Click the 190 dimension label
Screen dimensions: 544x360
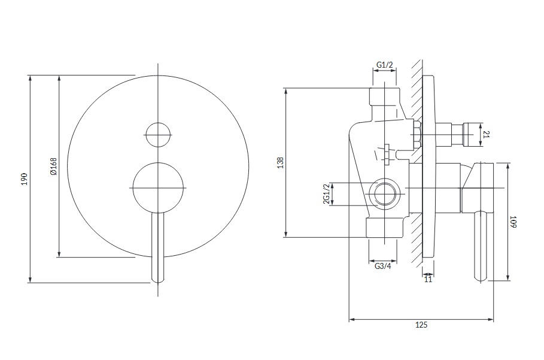click(x=25, y=179)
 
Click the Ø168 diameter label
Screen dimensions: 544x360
click(x=53, y=167)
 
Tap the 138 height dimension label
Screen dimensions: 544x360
click(x=280, y=163)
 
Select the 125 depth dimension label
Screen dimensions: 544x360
click(x=421, y=325)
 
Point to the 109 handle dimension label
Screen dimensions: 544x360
click(x=513, y=222)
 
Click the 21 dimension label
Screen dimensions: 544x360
click(x=486, y=134)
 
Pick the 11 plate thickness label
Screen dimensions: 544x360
click(x=428, y=279)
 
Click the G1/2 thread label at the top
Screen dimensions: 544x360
click(x=384, y=65)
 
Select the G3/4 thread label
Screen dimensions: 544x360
click(x=383, y=267)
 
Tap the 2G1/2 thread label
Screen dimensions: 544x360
click(x=326, y=193)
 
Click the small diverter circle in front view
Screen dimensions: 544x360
click(x=158, y=135)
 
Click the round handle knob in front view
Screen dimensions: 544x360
click(x=158, y=188)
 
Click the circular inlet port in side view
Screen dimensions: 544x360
click(x=384, y=193)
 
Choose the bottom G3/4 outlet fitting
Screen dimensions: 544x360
click(x=385, y=228)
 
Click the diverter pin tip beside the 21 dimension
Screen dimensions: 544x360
click(x=468, y=134)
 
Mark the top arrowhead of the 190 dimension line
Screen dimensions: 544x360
click(x=31, y=78)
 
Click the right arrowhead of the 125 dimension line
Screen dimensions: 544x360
click(x=491, y=319)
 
